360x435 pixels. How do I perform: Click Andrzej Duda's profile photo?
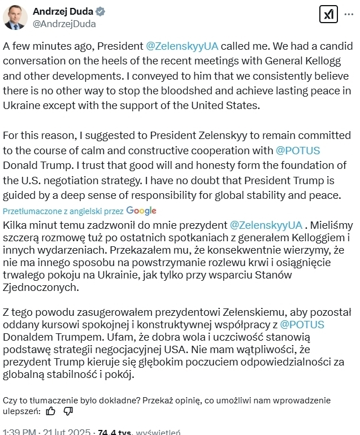(15, 18)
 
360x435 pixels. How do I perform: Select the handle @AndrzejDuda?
(64, 24)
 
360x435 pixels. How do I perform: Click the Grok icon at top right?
(328, 14)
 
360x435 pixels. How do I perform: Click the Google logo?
(141, 210)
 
